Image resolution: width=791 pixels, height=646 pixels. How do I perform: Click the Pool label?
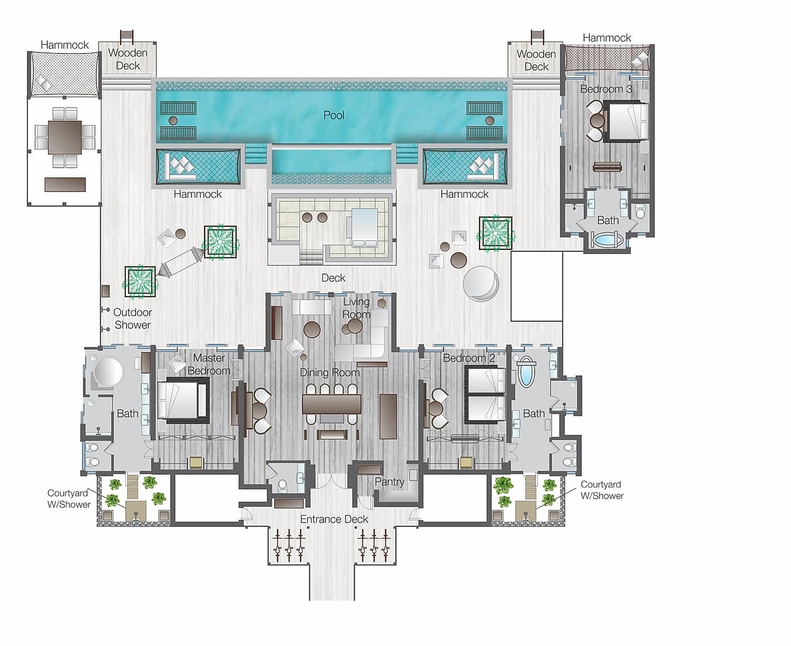334,115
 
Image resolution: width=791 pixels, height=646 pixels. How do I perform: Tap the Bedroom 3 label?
606,89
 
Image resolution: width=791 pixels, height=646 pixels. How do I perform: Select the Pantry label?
389,482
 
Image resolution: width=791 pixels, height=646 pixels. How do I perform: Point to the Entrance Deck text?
334,519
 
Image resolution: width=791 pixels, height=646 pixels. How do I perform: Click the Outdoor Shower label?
132,319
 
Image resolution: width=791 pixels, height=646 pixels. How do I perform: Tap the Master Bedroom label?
209,364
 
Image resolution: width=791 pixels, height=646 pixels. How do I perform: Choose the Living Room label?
356,308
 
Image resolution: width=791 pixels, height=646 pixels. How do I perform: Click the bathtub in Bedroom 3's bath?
607,239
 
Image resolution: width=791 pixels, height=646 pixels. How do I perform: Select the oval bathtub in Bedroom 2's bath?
526,372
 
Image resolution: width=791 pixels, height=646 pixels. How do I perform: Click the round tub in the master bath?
108,372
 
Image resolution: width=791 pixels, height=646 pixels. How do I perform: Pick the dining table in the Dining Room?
331,404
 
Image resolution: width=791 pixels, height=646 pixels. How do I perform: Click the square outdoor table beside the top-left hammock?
65,137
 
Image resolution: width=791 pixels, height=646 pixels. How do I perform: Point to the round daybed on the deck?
481,283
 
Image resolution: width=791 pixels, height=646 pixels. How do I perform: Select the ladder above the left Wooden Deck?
127,36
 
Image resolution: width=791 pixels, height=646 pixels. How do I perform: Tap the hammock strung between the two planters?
181,261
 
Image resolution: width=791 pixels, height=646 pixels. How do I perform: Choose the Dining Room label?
330,373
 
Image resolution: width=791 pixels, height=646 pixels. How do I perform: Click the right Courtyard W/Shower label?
602,490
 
